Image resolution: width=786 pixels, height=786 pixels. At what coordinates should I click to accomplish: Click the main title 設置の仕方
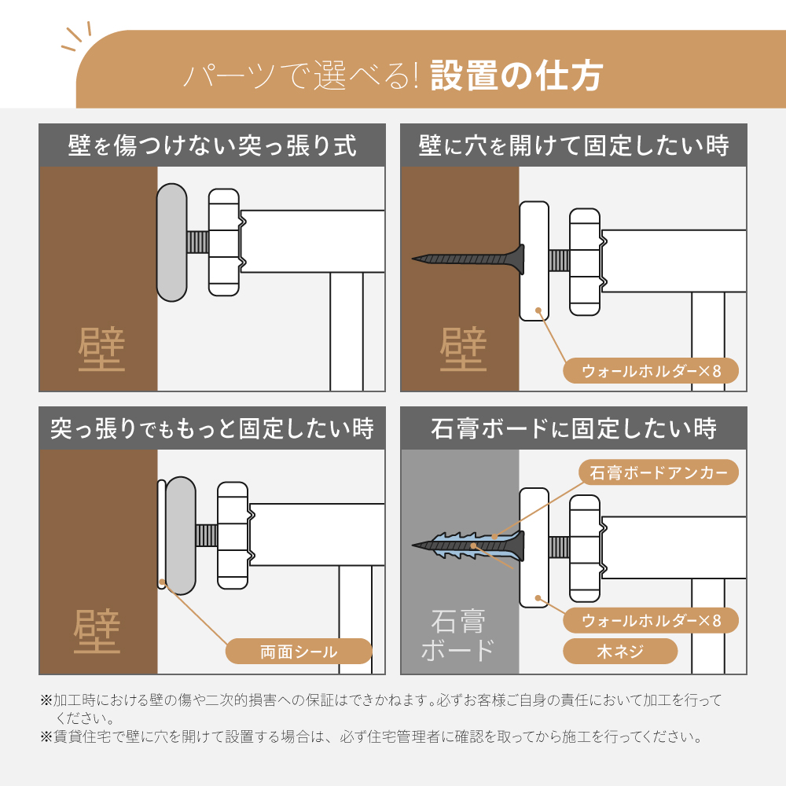[x=516, y=75]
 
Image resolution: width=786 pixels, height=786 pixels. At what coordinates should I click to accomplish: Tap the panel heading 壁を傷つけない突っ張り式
[x=212, y=145]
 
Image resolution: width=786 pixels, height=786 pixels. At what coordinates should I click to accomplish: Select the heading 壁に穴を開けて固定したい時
[x=574, y=145]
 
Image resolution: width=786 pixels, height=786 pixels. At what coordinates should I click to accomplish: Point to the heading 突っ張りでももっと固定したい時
[x=212, y=428]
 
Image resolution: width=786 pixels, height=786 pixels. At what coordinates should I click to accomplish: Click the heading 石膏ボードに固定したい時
[x=574, y=428]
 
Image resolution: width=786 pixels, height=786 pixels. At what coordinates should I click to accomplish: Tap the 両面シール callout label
[x=299, y=651]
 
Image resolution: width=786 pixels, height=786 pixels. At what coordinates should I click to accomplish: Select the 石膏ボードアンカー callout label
[x=658, y=472]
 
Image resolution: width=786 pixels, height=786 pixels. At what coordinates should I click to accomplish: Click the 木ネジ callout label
[x=620, y=651]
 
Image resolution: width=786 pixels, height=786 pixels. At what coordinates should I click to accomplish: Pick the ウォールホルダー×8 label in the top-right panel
[x=651, y=371]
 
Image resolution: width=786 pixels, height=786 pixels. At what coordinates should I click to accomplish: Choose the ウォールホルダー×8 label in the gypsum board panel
[x=651, y=621]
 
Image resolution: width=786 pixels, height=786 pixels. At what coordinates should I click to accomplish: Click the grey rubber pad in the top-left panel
[x=172, y=243]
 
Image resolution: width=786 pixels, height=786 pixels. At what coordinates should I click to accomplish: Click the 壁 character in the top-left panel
[x=101, y=350]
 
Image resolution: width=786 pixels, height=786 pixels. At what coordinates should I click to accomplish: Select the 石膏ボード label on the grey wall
[x=458, y=636]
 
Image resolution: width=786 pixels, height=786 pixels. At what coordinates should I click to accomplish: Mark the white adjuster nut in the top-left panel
[x=224, y=243]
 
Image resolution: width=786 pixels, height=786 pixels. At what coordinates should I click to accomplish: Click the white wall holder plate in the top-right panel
[x=534, y=261]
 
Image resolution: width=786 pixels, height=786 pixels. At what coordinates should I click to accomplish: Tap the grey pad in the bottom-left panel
[x=181, y=535]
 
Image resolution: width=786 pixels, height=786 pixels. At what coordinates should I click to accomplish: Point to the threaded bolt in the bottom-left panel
[x=207, y=535]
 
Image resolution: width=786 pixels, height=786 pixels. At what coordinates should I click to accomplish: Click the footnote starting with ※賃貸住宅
[x=372, y=736]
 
